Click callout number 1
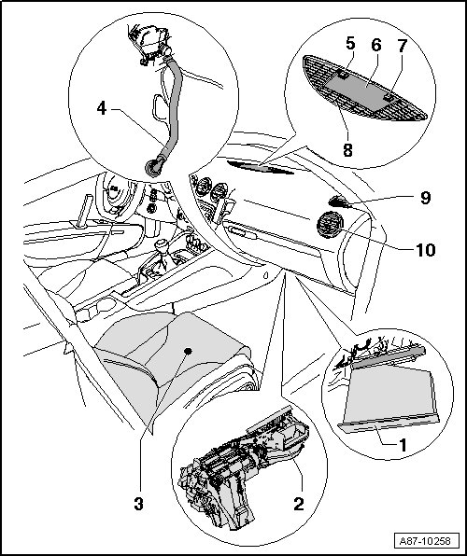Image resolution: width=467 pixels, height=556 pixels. [403, 445]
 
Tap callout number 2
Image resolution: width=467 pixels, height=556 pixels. [299, 504]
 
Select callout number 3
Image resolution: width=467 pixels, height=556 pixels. [139, 504]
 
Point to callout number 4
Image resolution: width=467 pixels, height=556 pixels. [102, 108]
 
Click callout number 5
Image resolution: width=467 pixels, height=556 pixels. [350, 44]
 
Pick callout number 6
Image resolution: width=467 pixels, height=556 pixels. [376, 45]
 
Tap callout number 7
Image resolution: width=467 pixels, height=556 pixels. [402, 46]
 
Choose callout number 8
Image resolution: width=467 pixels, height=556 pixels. [347, 150]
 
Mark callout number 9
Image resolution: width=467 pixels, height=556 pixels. [426, 198]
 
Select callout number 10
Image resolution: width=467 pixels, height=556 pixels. [426, 250]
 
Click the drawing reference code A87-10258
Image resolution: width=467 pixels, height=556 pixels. [425, 541]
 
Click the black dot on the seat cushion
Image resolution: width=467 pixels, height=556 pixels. [188, 351]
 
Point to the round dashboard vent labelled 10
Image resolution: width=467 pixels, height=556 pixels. [330, 225]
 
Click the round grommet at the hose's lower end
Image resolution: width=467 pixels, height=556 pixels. [154, 168]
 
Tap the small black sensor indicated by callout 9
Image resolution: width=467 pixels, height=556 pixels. [337, 202]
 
